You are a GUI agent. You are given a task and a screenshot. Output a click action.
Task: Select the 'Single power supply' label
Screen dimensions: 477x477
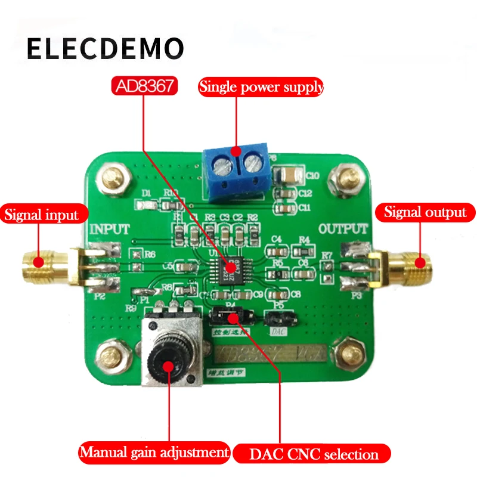click(x=261, y=87)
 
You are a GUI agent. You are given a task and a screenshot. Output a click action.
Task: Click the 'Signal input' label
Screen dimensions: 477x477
click(x=42, y=214)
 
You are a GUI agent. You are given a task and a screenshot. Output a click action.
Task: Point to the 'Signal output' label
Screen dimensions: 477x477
click(x=425, y=212)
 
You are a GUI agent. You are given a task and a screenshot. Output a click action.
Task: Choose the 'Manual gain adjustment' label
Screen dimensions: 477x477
click(x=154, y=451)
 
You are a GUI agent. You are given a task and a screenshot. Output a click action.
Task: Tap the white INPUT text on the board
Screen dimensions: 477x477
click(x=109, y=229)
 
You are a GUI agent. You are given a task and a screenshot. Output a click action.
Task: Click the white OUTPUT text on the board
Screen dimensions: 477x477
click(x=342, y=228)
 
